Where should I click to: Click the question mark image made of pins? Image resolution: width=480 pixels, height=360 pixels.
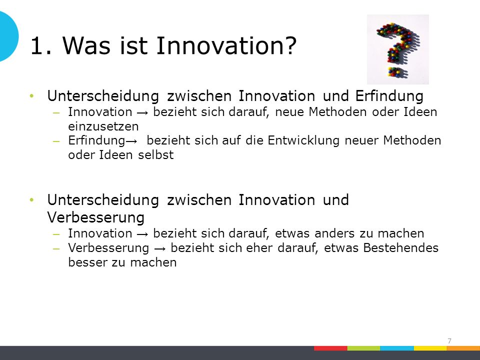[x=397, y=49]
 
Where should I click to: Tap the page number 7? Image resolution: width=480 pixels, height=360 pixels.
[x=449, y=341]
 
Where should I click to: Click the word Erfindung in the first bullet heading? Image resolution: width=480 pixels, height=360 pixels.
[x=389, y=96]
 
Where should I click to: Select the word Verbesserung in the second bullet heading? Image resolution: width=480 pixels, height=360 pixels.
[x=96, y=217]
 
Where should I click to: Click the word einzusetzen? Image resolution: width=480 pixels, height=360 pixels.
[x=103, y=126]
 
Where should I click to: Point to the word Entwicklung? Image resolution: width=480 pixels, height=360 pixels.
[x=303, y=140]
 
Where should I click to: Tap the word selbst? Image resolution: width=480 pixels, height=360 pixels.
[x=156, y=155]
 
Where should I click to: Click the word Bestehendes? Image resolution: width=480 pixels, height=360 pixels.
[x=400, y=248]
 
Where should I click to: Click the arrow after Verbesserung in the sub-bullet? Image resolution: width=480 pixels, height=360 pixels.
[x=160, y=248]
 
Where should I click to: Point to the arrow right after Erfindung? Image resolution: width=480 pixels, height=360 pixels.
[x=131, y=141]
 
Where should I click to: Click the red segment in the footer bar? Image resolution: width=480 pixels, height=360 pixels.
[x=330, y=348]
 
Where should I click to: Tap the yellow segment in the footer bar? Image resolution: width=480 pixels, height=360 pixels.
[x=430, y=348]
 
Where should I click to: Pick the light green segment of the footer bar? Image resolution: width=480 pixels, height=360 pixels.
[x=363, y=348]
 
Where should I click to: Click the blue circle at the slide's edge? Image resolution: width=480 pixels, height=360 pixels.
[x=8, y=36]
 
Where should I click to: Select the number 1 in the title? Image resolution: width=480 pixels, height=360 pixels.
[x=36, y=46]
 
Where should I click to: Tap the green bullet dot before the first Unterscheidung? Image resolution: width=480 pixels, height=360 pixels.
[x=32, y=96]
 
